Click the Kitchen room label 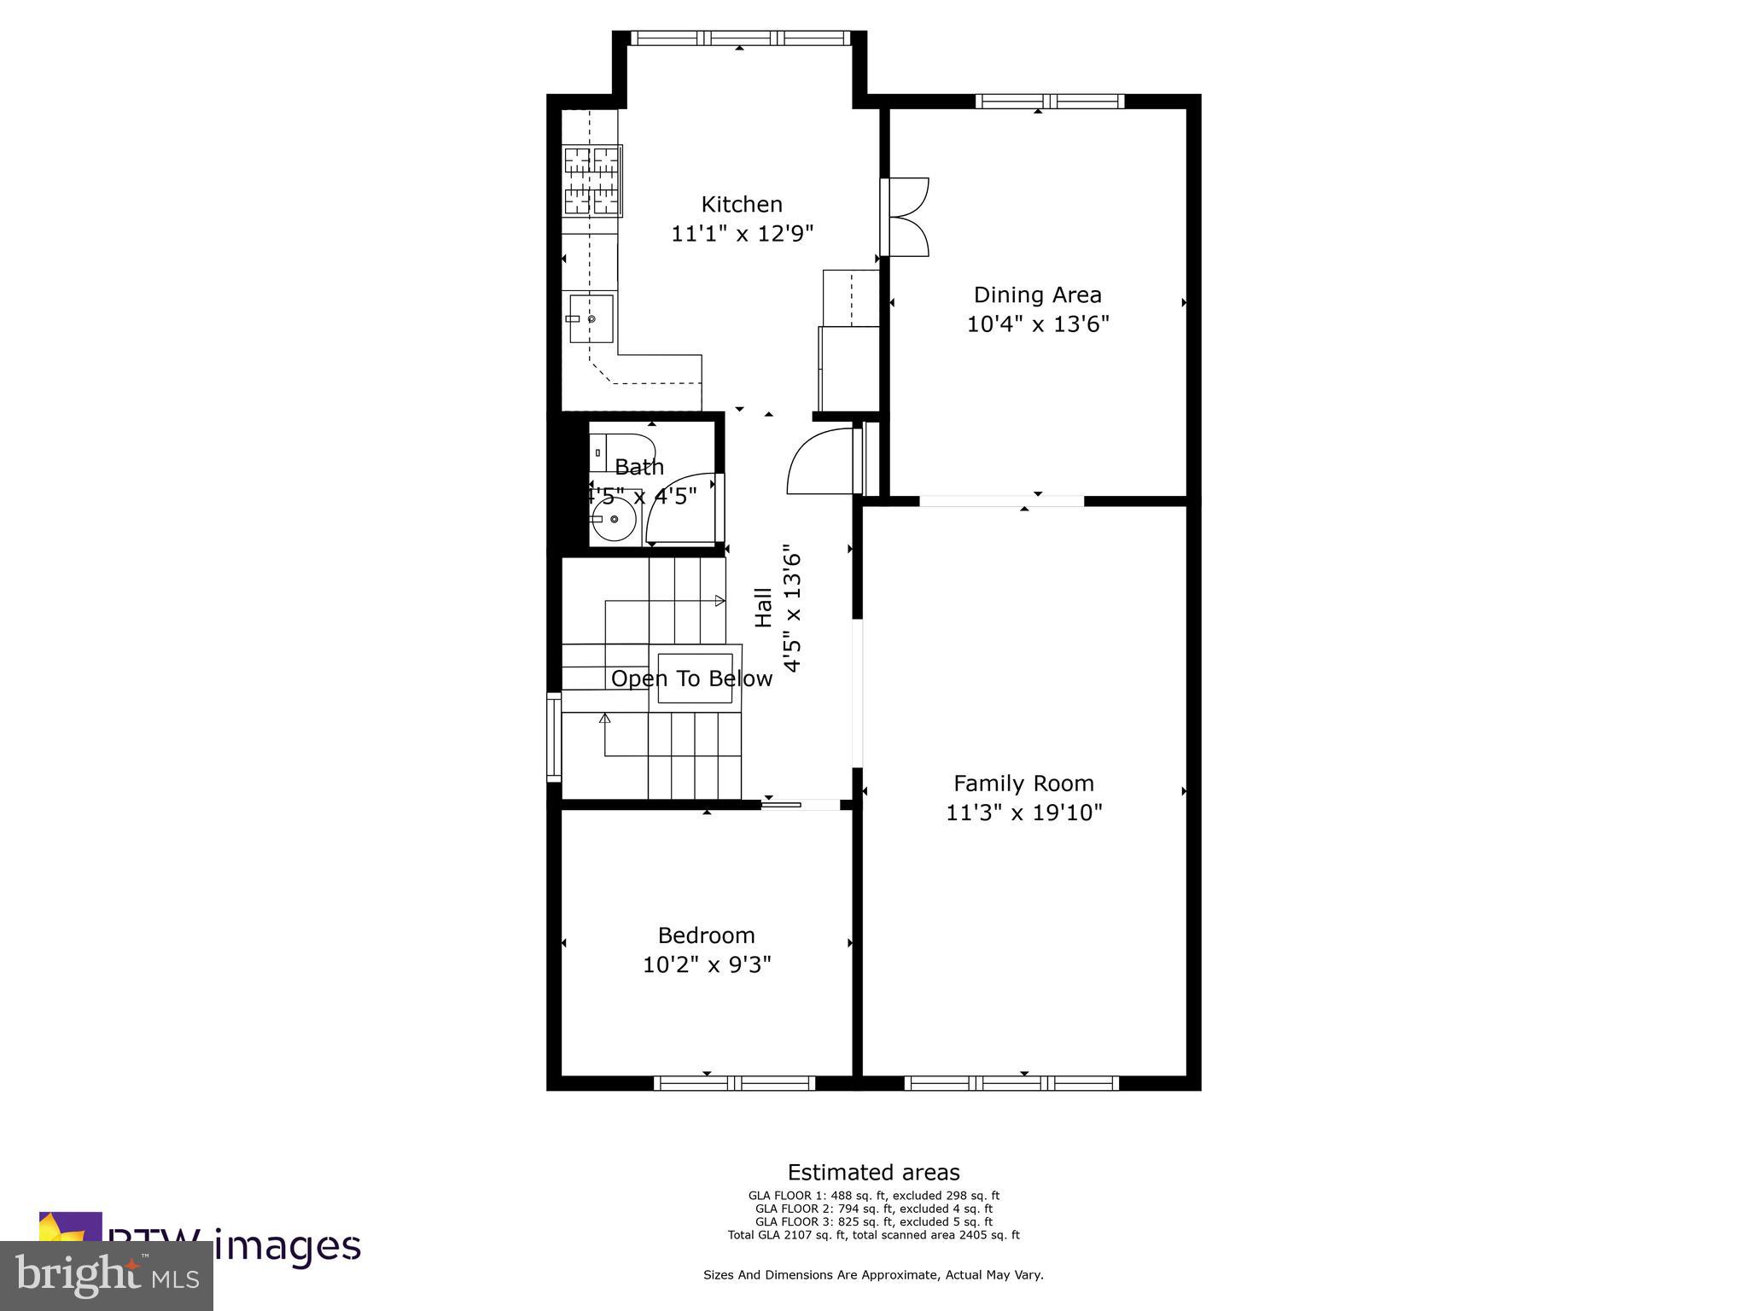(741, 204)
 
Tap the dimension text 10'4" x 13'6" (1037, 324)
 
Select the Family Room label (1023, 783)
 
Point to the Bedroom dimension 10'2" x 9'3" (706, 964)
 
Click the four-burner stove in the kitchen (592, 180)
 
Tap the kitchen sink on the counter (591, 318)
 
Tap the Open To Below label (691, 679)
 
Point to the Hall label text (764, 608)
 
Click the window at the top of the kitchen (740, 38)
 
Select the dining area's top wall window (1050, 102)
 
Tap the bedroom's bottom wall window (734, 1083)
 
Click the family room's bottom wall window (1011, 1083)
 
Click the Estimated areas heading (873, 1172)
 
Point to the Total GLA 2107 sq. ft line (873, 1234)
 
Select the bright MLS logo (107, 1275)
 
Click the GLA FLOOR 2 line (873, 1209)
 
